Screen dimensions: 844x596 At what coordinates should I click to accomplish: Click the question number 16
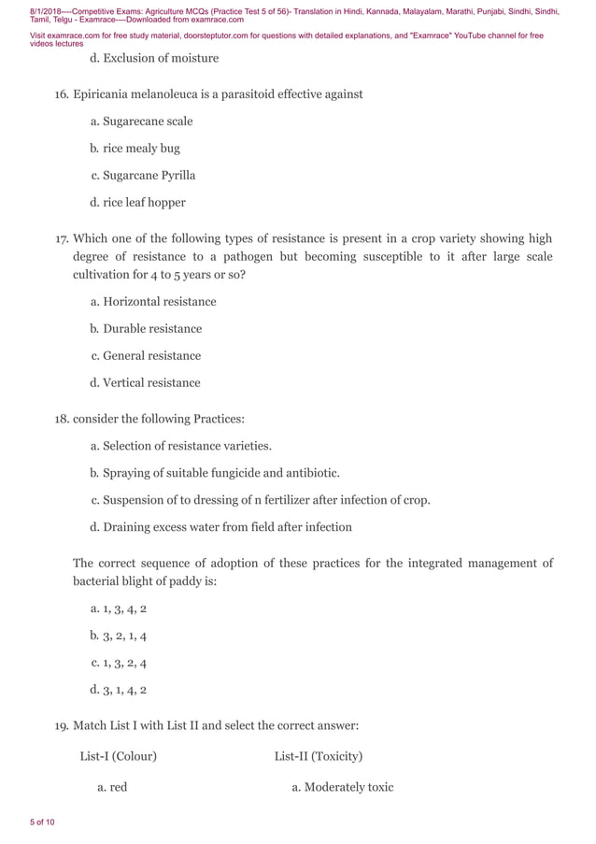(62, 94)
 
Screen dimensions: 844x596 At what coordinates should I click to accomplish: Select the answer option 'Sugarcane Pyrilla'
(149, 176)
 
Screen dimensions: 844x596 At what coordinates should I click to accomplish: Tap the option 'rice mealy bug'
(141, 149)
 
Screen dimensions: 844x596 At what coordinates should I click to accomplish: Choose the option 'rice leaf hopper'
(144, 203)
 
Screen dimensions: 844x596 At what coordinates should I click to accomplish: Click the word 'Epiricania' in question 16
(104, 94)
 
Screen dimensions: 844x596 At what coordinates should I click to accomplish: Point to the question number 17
(62, 238)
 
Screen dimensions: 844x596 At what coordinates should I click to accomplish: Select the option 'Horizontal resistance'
(159, 302)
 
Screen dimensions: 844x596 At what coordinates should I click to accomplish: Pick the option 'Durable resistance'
(151, 329)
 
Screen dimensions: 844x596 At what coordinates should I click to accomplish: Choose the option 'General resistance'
(151, 356)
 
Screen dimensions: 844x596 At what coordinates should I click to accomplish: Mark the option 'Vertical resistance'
(151, 383)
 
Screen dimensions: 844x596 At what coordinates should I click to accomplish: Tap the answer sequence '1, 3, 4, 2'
(124, 609)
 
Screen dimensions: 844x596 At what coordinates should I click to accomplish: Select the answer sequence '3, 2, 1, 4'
(124, 637)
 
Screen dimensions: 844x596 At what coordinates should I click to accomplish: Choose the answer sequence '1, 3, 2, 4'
(124, 664)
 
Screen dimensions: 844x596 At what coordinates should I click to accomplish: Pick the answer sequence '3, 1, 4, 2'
(124, 691)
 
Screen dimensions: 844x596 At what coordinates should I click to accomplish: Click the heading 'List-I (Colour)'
(118, 756)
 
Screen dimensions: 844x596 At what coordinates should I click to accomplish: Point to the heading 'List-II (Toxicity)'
(318, 756)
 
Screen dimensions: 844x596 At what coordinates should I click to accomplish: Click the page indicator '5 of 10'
(42, 823)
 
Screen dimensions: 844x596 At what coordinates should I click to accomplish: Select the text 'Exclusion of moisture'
(160, 58)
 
